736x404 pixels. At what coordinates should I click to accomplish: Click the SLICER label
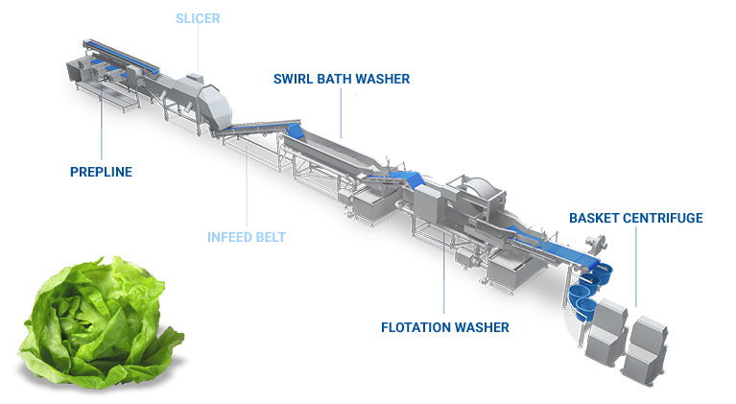pyautogui.click(x=197, y=18)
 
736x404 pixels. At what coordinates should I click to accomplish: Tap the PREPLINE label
pyautogui.click(x=101, y=173)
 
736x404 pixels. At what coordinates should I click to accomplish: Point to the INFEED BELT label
pyautogui.click(x=247, y=236)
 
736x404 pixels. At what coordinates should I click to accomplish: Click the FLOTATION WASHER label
pyautogui.click(x=445, y=327)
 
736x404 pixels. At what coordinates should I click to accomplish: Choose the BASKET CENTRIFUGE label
pyautogui.click(x=635, y=218)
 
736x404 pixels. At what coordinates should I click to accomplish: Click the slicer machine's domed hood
pyautogui.click(x=214, y=99)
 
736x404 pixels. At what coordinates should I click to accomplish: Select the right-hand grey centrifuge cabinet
pyautogui.click(x=643, y=347)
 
